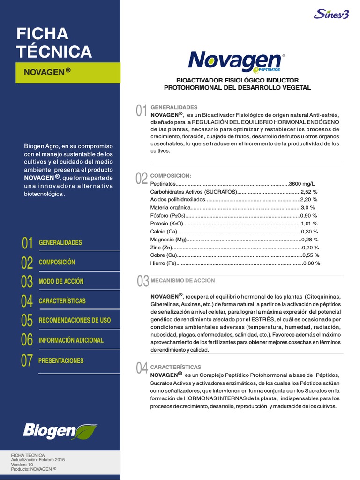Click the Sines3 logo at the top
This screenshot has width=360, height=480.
point(331,14)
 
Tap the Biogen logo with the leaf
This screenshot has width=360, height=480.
point(60,430)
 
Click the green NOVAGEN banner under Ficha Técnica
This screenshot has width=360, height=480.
point(67,72)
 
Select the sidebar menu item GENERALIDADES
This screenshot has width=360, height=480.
point(60,243)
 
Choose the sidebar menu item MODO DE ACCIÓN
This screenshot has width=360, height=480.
point(61,281)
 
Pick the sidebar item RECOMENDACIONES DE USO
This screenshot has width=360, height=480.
point(75,320)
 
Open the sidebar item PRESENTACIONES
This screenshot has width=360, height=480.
point(61,360)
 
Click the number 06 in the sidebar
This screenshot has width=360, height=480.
point(27,340)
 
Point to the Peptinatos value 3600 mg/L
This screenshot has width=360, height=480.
point(302,184)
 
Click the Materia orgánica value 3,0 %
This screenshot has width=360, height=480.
point(308,207)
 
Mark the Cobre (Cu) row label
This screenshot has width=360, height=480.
point(164,255)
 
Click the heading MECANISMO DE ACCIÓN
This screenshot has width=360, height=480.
point(182,280)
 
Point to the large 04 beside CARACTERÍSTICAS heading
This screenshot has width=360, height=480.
point(142,368)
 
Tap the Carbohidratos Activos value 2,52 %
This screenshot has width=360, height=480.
point(309,192)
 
